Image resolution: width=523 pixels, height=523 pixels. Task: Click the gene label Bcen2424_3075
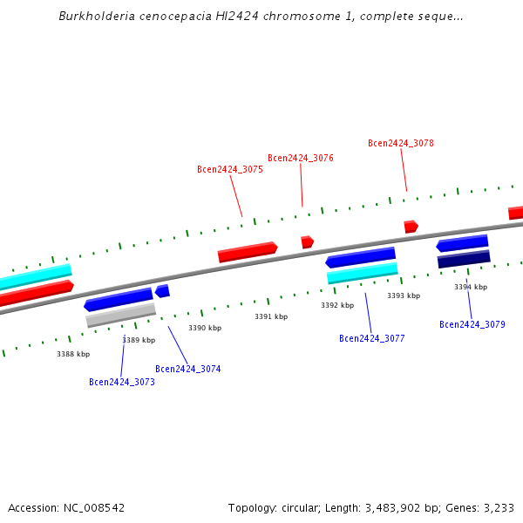coord(230,170)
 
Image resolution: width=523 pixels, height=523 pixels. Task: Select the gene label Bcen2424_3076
coord(301,159)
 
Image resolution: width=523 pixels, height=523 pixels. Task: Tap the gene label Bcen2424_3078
coord(401,144)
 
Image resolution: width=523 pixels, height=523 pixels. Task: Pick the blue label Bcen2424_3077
coord(372,338)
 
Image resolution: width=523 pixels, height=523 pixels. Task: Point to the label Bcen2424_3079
coord(472,324)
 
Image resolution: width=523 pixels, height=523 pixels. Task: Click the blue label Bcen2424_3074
coord(188,370)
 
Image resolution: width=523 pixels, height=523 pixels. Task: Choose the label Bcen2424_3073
coord(122,382)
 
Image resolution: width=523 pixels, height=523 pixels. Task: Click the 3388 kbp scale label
coord(73,355)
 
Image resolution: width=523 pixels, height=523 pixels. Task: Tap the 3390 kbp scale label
coord(205,328)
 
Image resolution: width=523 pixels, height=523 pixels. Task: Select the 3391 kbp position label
coord(271,317)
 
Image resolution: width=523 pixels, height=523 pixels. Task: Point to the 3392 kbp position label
coord(337,306)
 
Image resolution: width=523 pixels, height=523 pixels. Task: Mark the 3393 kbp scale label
coord(404,296)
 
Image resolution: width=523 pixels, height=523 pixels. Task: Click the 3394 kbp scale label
coord(471,287)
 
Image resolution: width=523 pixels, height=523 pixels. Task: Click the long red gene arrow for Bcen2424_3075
coord(248,252)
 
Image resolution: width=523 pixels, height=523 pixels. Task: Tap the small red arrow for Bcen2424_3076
coord(307,241)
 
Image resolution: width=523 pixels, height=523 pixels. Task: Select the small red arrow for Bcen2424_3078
coord(411,227)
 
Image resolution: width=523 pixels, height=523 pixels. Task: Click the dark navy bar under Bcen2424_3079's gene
coord(464,260)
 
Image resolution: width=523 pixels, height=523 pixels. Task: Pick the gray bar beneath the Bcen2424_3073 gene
coord(121,315)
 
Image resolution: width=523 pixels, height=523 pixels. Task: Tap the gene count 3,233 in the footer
coord(498,507)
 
